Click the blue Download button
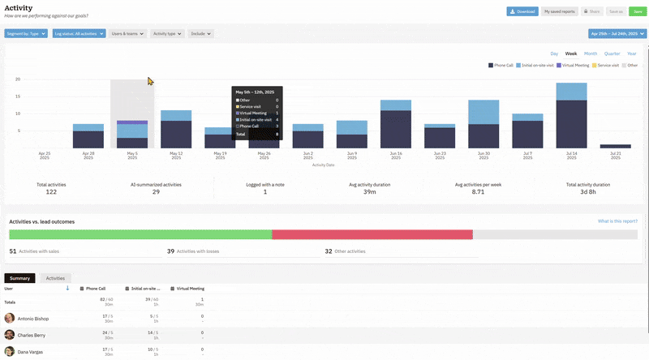pyautogui.click(x=522, y=11)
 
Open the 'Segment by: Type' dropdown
pyautogui.click(x=26, y=34)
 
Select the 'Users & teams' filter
pyautogui.click(x=128, y=34)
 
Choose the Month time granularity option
pyautogui.click(x=591, y=53)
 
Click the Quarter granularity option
pyautogui.click(x=612, y=53)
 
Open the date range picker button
pyautogui.click(x=616, y=34)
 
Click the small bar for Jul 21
pyautogui.click(x=615, y=146)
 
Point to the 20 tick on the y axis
pyautogui.click(x=17, y=79)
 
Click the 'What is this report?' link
pyautogui.click(x=617, y=221)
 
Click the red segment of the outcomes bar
pyautogui.click(x=372, y=234)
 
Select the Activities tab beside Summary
pyautogui.click(x=55, y=278)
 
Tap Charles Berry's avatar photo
pyautogui.click(x=10, y=334)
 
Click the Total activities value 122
pyautogui.click(x=51, y=191)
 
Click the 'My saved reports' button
pyautogui.click(x=559, y=11)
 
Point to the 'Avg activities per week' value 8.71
pyautogui.click(x=478, y=191)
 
